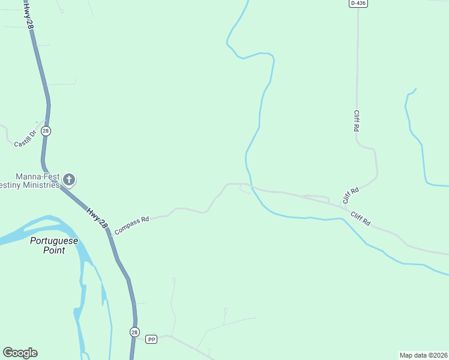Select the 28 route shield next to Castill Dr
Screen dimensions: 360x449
47,131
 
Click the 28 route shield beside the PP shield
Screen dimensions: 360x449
134,332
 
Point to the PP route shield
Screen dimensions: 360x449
151,340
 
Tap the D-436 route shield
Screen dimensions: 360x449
358,3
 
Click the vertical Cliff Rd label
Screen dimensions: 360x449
357,121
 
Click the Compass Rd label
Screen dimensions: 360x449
131,225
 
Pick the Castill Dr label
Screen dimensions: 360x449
25,139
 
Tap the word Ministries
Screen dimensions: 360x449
41,185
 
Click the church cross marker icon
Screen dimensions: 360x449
69,179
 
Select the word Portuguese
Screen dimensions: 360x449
55,241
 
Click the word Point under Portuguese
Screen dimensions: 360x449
54,250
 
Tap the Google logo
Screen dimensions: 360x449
20,353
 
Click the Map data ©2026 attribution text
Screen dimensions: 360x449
423,355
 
